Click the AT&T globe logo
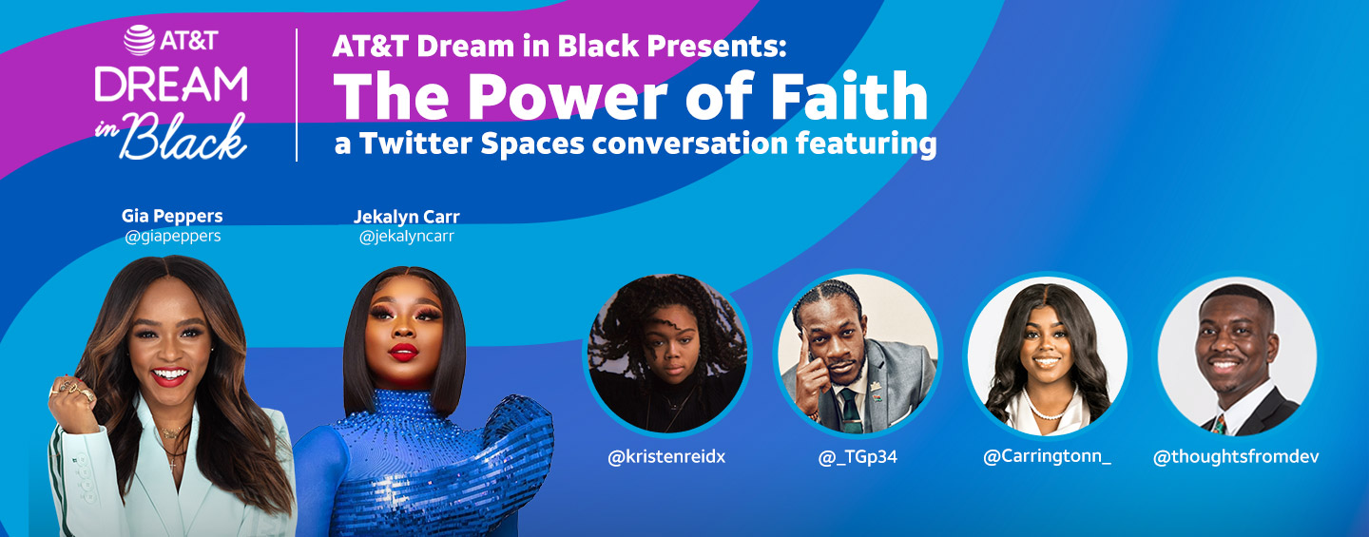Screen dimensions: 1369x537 pos(140,40)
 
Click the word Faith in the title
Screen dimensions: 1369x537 pos(850,96)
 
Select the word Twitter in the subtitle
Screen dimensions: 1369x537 pos(415,144)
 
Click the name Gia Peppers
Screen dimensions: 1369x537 pos(172,217)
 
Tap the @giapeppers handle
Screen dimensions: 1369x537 pos(173,237)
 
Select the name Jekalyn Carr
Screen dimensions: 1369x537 pos(407,217)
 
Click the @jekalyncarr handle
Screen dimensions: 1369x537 pos(407,237)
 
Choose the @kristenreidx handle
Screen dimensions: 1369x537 pos(666,457)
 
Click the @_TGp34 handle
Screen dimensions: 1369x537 pos(858,457)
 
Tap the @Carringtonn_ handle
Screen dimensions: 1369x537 pos(1047,456)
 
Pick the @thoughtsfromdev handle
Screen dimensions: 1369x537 pos(1236,457)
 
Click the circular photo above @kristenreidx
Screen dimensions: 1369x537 pos(667,355)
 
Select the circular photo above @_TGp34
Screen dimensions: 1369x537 pos(858,355)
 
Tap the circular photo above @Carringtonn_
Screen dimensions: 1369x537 pos(1047,355)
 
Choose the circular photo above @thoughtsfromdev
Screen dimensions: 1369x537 pos(1237,355)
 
